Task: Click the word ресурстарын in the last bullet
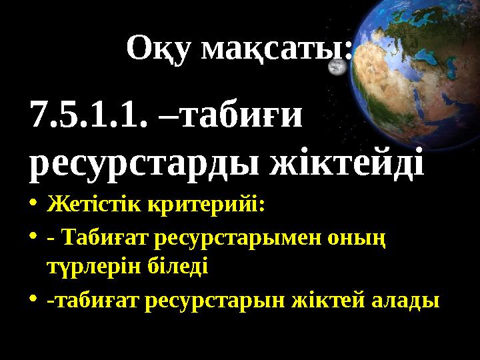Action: tap(217, 301)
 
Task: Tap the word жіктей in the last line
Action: tap(329, 300)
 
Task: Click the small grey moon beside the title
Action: tap(339, 68)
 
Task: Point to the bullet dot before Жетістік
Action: tap(34, 205)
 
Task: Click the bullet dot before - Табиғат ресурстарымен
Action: tap(34, 238)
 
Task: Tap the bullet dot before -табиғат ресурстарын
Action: tap(34, 301)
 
